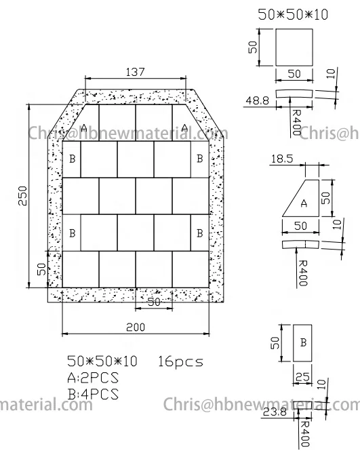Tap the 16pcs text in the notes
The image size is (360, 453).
point(180,362)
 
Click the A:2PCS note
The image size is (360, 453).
point(93,378)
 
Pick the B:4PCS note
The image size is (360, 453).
point(93,393)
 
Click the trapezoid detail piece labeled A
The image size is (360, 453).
point(302,199)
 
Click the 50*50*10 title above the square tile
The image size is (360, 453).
point(293,13)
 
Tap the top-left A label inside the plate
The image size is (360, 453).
point(84,127)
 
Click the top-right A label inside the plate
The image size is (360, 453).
point(185,127)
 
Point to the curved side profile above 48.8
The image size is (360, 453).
point(293,92)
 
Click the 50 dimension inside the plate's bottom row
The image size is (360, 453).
point(154,302)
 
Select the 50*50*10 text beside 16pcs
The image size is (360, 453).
point(102,362)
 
